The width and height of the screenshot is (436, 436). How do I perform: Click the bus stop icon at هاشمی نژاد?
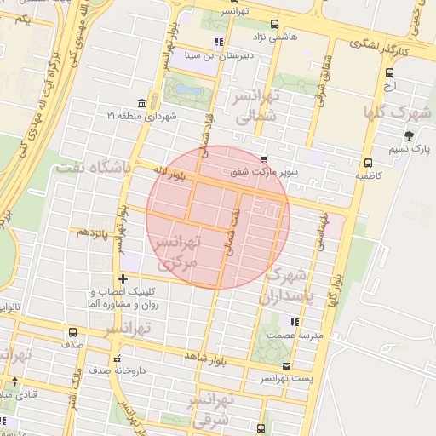pyautogui.click(x=273, y=24)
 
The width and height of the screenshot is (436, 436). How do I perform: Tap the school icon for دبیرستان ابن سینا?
pyautogui.click(x=219, y=41)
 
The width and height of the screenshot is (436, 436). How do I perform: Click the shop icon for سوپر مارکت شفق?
pyautogui.click(x=264, y=158)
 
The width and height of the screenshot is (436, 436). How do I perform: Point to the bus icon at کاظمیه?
pyautogui.click(x=368, y=163)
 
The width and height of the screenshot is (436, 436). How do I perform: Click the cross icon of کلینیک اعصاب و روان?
pyautogui.click(x=123, y=278)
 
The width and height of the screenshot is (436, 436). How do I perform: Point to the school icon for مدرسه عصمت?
pyautogui.click(x=295, y=322)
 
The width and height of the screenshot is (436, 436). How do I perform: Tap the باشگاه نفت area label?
pyautogui.click(x=93, y=169)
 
